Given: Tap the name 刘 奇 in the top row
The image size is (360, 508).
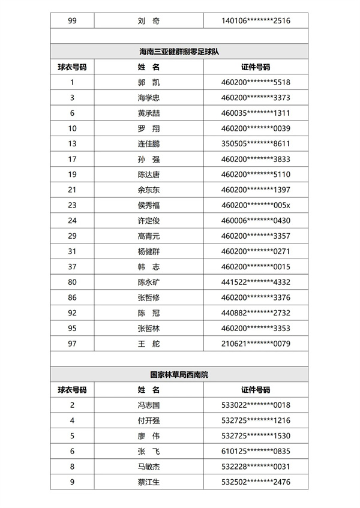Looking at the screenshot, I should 148,21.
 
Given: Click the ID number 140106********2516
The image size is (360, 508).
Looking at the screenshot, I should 256,21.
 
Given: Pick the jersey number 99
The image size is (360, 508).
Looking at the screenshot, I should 72,21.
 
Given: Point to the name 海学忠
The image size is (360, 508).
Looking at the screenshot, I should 148,98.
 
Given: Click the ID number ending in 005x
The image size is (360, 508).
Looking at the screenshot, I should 256,205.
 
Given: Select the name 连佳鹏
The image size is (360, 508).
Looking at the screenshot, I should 148,144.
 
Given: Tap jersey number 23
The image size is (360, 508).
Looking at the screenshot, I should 72,205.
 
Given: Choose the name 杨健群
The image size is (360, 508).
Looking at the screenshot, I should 148,251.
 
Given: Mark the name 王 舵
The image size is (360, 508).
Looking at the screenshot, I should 148,344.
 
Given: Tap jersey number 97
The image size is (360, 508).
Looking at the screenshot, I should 72,344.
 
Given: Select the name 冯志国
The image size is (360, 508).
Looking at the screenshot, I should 148,405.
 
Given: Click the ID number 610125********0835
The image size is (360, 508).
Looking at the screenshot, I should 256,451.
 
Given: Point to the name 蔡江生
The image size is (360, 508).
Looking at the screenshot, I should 148,482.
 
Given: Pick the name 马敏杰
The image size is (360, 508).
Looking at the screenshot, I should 148,467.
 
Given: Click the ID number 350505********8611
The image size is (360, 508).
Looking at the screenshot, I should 256,144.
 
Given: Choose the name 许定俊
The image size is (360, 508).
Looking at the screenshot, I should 148,221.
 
